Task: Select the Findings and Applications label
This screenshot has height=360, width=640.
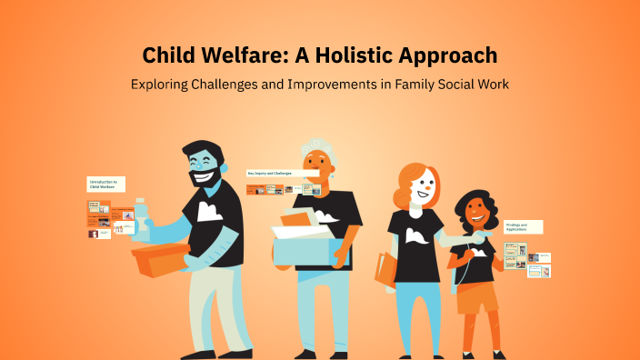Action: point(522,226)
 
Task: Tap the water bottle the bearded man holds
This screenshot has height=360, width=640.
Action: point(141,218)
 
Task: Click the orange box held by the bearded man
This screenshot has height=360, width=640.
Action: point(160,260)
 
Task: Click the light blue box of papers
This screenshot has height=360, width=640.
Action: point(305,247)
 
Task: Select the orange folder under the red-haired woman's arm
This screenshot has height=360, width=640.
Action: point(385,268)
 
